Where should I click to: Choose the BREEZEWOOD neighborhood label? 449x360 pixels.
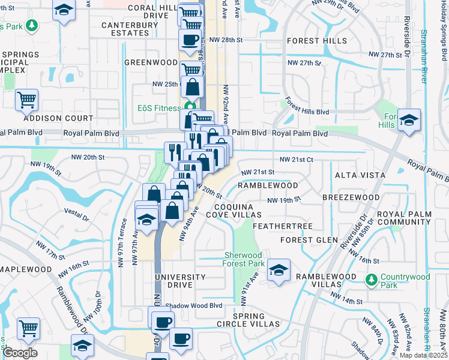click(x=351, y=197)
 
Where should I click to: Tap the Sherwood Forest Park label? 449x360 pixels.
click(x=243, y=259)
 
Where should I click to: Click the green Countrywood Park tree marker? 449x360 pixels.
click(x=372, y=279)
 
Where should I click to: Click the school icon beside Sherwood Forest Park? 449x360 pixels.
click(x=279, y=270)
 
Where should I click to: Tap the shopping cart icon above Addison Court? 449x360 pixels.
click(x=27, y=100)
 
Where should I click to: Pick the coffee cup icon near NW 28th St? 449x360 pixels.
click(x=190, y=40)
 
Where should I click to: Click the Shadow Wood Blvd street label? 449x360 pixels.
click(x=194, y=305)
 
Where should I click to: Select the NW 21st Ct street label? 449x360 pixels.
click(x=297, y=160)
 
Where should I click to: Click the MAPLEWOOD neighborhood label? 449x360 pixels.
click(x=26, y=269)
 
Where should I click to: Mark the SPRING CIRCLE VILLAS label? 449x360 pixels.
click(x=249, y=320)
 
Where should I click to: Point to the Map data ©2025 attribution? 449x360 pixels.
click(x=423, y=355)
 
